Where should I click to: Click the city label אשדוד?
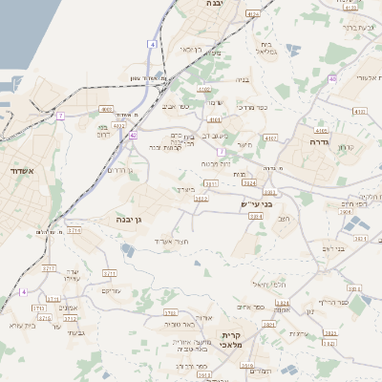tap(20, 172)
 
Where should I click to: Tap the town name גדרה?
tap(319, 141)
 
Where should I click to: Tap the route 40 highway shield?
tap(331, 79)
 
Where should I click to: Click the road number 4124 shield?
tap(252, 15)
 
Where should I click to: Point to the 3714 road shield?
tap(74, 231)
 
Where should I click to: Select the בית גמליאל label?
tap(267, 48)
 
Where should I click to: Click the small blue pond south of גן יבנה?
tap(127, 250)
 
